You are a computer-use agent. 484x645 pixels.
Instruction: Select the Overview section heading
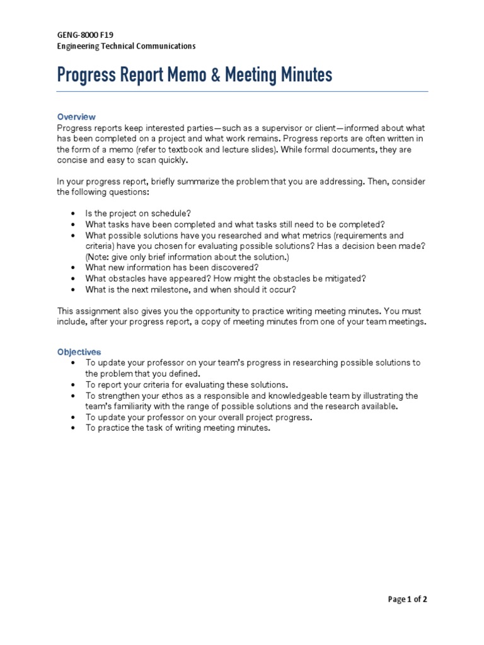pos(76,117)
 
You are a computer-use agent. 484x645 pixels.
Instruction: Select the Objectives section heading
pos(79,352)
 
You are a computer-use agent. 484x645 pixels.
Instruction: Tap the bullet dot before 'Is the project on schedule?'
pos(74,214)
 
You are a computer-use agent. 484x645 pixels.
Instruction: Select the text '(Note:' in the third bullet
pos(98,257)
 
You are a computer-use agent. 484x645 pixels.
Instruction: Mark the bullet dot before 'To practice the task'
pos(74,428)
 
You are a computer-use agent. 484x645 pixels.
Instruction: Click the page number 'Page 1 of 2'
pos(408,600)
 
